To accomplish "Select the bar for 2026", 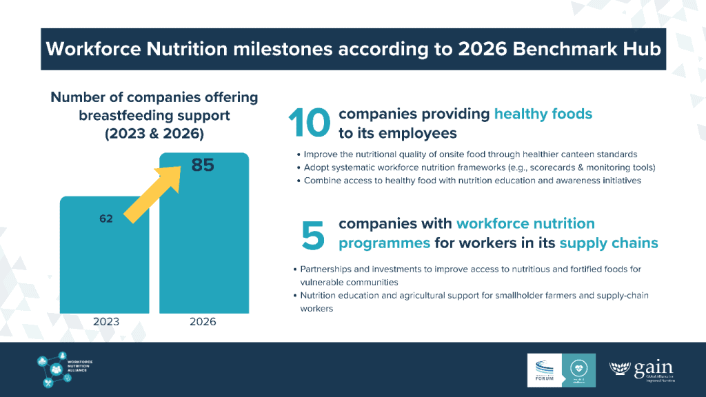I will point(203,248).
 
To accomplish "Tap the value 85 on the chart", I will point(203,165).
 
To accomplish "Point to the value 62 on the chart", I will point(106,219).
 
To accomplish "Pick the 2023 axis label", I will point(106,322).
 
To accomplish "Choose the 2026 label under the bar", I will point(203,322).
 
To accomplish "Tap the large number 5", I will point(312,235).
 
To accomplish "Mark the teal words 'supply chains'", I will point(609,243).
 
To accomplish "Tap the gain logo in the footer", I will point(641,369).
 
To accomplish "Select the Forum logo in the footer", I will point(545,369).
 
